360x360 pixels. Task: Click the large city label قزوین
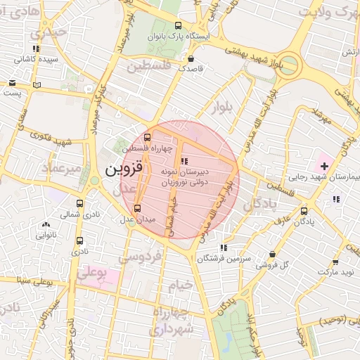[124, 169]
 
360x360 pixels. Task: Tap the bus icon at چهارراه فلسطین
[147, 138]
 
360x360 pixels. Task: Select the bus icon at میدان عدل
[137, 208]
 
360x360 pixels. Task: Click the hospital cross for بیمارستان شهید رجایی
[323, 166]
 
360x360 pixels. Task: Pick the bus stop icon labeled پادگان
[304, 211]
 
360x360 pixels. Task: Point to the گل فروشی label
[274, 265]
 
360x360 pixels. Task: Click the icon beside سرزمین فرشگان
[223, 247]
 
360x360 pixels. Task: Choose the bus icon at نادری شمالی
[79, 205]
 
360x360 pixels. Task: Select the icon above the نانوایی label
[46, 225]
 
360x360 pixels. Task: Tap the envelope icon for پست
[13, 83]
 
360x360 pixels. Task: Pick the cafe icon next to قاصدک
[192, 58]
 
